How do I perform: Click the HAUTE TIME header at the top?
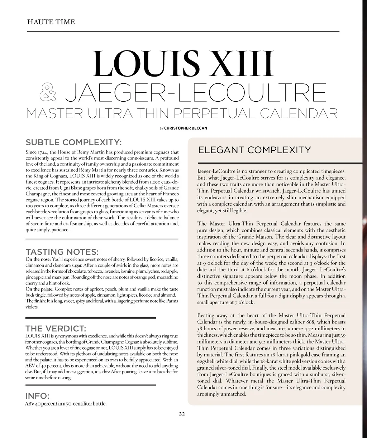coord(51,22)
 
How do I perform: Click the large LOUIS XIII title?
coord(183,64)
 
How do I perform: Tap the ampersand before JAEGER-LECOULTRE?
coord(48,92)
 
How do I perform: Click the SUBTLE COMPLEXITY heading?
coord(74,142)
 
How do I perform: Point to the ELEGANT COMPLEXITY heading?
coord(254,150)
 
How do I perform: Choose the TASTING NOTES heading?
coord(62,252)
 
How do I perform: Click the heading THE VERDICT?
coord(56,328)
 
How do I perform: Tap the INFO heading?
coord(37,396)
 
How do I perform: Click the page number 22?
coord(182,414)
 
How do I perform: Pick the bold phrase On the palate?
coord(39,289)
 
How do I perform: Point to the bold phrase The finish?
coord(35,301)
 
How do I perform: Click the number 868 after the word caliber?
coord(309,322)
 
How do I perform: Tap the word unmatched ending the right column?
coord(234,394)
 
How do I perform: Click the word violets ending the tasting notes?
coord(32,307)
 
